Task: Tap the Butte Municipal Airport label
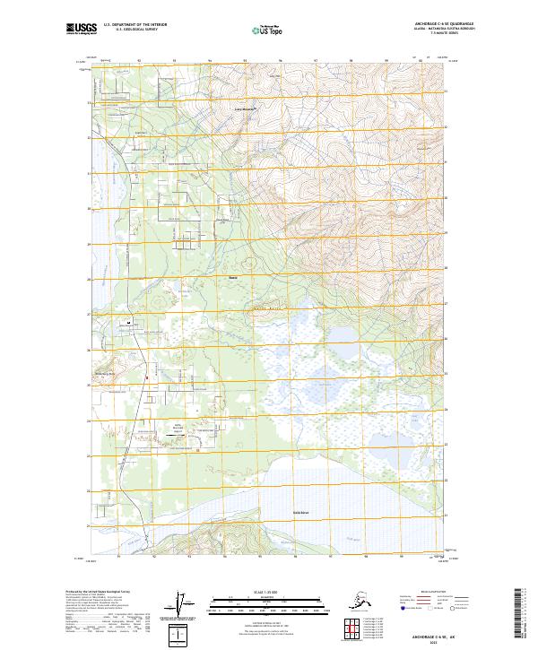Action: click(178, 427)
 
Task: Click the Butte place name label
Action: click(233, 277)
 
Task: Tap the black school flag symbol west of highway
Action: click(130, 321)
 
